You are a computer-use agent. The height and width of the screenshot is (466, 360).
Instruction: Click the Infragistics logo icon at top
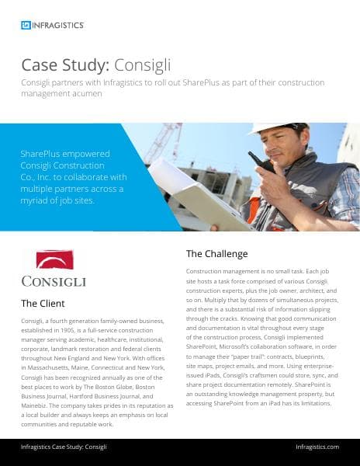26,25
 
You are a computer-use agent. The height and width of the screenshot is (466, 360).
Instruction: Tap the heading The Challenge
216,253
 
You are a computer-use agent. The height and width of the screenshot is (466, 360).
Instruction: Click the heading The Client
43,303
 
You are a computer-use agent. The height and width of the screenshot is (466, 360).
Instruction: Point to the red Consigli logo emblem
54,259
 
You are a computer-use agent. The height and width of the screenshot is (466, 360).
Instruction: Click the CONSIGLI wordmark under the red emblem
54,280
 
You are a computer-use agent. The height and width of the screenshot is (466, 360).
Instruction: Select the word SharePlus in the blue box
44,153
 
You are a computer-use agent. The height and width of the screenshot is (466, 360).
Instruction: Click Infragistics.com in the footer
317,447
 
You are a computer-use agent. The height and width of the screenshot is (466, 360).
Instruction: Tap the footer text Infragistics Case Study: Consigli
64,447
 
